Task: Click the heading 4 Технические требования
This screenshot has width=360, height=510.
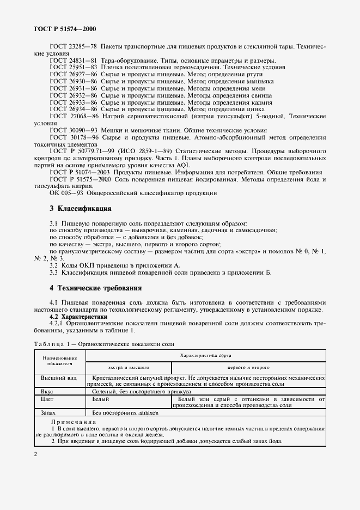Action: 95,288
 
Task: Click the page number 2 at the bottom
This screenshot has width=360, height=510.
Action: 35,455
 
